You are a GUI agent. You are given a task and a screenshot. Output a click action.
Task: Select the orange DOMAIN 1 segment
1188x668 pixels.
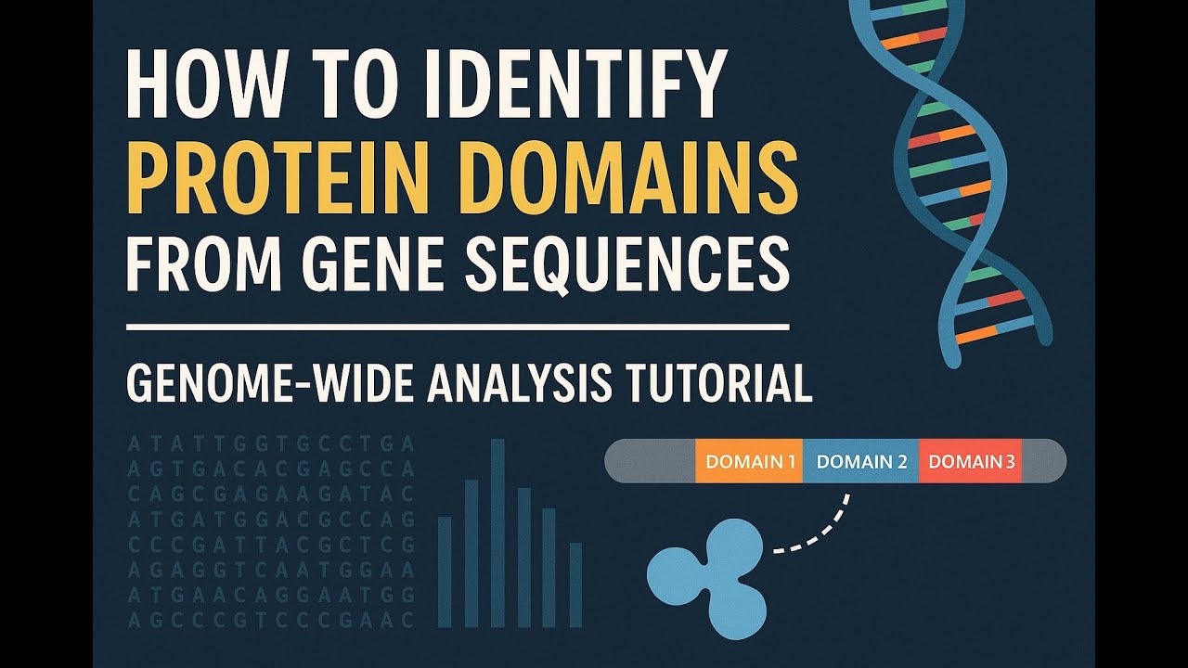(749, 461)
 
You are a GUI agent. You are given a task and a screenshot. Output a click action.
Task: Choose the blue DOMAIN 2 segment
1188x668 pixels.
(860, 461)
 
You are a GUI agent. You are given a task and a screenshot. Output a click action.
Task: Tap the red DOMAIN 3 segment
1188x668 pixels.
(970, 461)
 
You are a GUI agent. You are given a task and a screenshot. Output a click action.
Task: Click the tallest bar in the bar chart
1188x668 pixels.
(497, 533)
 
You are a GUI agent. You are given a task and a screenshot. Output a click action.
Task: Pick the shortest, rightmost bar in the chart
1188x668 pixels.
(575, 585)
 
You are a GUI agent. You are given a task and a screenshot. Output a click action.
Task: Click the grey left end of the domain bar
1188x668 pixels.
(650, 461)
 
